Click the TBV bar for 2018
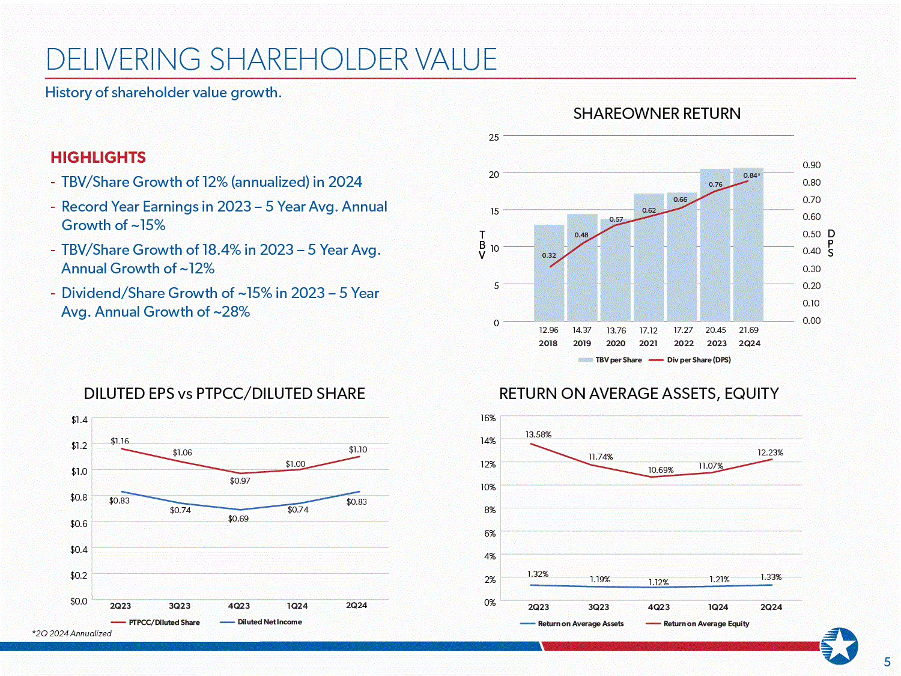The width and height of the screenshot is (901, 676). [549, 273]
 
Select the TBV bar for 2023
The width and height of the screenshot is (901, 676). [715, 245]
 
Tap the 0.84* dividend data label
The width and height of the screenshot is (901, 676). [751, 175]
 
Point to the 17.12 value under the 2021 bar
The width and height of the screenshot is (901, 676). [648, 330]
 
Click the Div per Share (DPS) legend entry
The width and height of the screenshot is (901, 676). [690, 360]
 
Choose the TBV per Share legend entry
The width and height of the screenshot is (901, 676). [610, 360]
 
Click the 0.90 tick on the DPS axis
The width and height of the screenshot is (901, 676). [812, 165]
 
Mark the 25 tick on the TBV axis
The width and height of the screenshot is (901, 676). [494, 137]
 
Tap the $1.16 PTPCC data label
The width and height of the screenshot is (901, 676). [120, 441]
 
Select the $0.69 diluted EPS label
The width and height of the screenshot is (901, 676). [238, 519]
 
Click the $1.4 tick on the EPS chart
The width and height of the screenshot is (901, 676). [79, 419]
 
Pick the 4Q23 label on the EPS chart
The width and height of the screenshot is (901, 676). [239, 606]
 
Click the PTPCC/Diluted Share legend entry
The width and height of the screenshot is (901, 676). [156, 623]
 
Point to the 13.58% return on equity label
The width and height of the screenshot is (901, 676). [539, 434]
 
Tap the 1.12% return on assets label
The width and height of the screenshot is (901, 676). [658, 582]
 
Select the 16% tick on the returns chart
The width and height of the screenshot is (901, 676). [488, 418]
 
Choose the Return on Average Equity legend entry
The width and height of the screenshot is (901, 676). [698, 624]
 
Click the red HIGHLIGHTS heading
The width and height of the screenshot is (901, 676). [98, 157]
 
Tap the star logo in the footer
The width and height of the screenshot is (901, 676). [839, 645]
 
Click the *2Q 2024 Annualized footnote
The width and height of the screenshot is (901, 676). [72, 633]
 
